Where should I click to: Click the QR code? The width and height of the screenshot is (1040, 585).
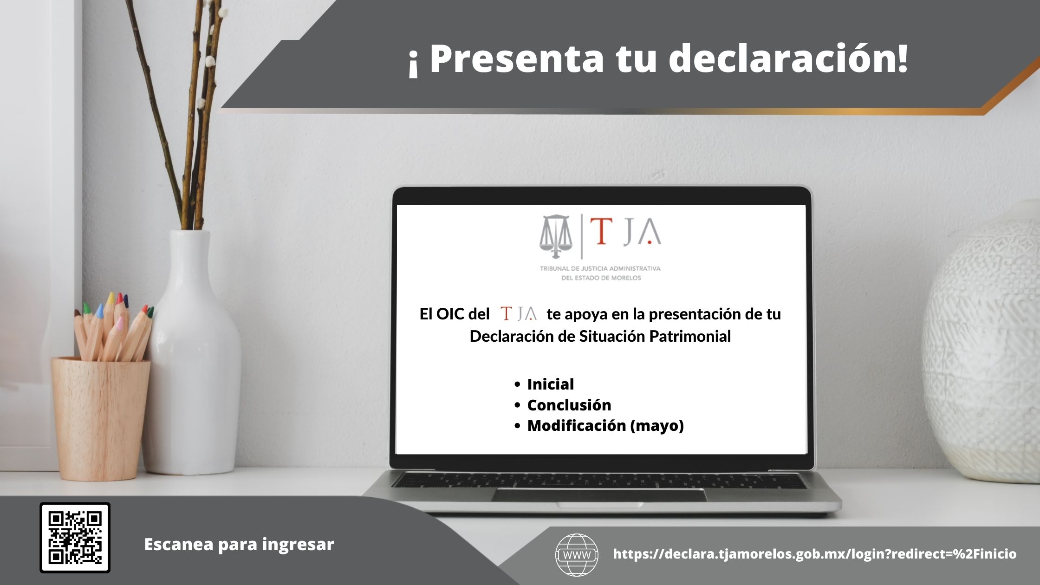75,538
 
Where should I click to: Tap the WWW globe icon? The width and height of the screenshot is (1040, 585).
577,555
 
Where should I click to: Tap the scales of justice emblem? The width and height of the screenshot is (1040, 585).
556,236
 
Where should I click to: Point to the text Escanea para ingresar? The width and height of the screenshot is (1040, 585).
239,544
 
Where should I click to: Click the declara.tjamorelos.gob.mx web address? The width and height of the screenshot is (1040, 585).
815,554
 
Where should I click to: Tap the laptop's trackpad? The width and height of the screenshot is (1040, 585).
599,495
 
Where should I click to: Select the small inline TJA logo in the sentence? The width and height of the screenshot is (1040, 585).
519,314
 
